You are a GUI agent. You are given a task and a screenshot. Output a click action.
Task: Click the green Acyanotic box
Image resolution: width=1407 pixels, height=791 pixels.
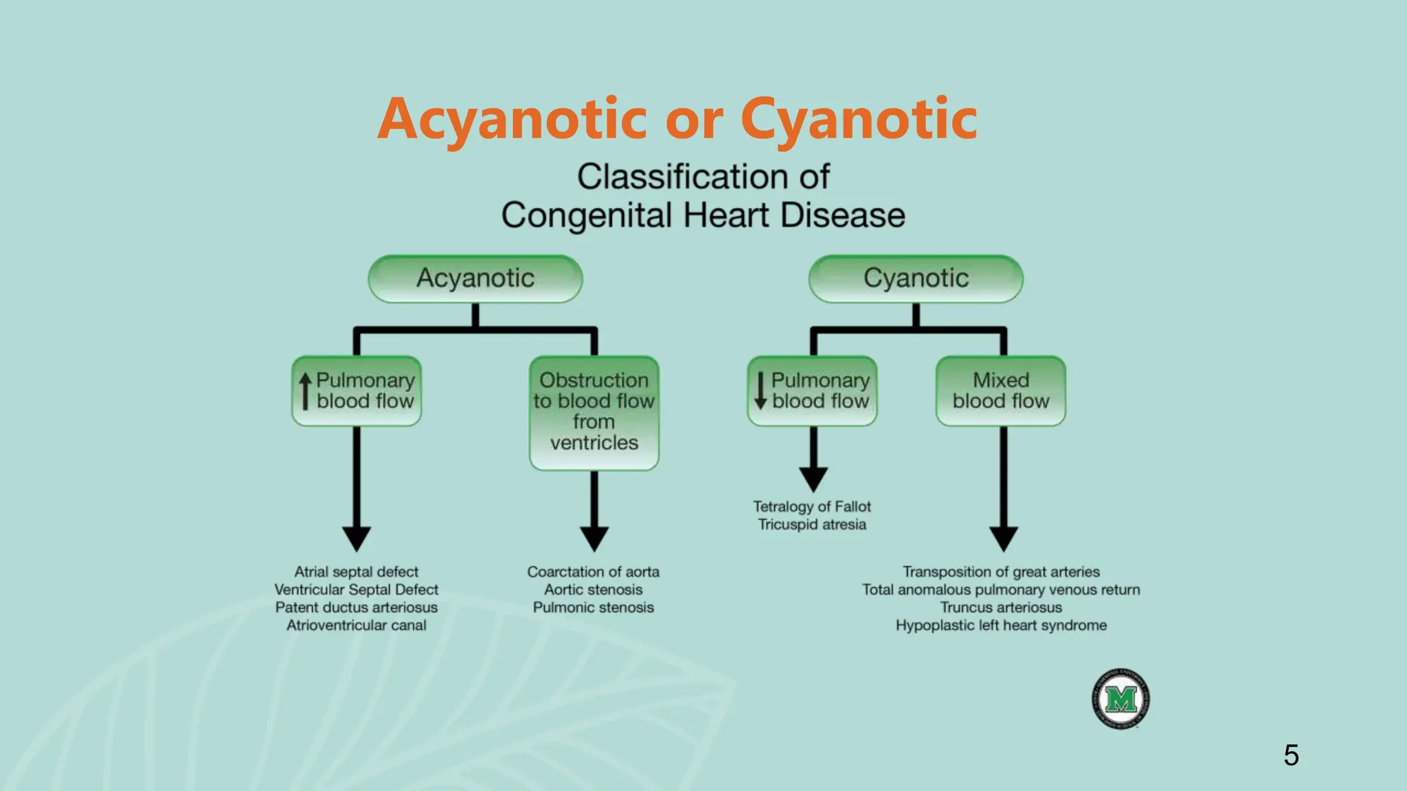pos(475,279)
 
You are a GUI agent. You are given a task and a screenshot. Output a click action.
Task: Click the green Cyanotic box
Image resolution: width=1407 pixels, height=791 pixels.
pos(916,279)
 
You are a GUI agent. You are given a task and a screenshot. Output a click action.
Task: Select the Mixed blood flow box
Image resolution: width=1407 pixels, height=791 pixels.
pos(1001,391)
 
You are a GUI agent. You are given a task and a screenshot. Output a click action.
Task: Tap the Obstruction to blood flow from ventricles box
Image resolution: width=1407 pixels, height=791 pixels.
pos(594,412)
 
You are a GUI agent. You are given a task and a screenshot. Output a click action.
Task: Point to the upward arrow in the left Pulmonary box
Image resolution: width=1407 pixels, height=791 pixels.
pos(305,391)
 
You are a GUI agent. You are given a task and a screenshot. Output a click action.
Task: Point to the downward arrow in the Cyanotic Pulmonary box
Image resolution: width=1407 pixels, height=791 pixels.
pos(761,391)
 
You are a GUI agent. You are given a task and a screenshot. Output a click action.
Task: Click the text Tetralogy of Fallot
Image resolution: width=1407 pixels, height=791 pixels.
pos(811,507)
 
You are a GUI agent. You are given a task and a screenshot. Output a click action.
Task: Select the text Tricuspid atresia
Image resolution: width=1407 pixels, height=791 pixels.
pos(811,525)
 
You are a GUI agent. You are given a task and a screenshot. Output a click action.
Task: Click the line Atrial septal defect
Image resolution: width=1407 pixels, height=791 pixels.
pos(356,572)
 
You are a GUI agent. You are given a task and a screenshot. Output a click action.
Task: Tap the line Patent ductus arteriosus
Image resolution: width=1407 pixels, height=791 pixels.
pos(356,608)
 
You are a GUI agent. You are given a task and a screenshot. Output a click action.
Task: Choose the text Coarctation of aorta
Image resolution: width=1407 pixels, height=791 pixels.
pos(593,572)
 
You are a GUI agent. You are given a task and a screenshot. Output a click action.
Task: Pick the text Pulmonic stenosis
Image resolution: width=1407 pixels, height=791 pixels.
pos(593,608)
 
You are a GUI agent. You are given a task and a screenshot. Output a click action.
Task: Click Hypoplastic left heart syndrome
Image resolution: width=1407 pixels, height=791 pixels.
pos(1001,626)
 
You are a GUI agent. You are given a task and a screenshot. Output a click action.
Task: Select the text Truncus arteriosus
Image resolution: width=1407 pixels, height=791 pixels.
pos(1001,608)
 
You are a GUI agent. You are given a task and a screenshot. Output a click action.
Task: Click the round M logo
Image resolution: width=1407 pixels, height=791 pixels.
pos(1121,699)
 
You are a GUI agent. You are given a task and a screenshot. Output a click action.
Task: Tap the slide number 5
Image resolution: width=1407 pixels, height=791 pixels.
pos(1291,755)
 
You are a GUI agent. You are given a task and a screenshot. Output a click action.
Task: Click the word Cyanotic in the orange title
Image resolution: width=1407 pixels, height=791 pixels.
pos(859,120)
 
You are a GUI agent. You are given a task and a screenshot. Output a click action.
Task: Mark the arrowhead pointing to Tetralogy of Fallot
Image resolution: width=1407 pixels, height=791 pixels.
pos(813,479)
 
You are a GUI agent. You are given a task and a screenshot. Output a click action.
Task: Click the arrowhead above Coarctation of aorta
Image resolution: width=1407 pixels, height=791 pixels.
pos(594,538)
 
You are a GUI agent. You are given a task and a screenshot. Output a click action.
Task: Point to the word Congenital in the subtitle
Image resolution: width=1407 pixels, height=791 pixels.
pos(586,216)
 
